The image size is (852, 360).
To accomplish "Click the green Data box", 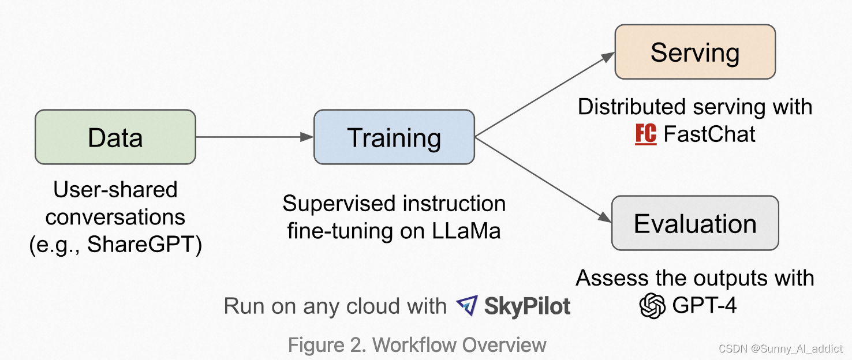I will (115, 137).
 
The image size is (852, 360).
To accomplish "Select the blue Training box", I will (394, 137).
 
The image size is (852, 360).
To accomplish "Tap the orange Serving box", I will (694, 52).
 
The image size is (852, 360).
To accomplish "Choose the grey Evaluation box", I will (695, 223).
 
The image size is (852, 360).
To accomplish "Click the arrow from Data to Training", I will (254, 137).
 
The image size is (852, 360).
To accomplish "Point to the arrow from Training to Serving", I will (543, 95).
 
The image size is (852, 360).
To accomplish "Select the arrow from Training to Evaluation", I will (543, 179).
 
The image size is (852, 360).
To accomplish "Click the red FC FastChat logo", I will (645, 134).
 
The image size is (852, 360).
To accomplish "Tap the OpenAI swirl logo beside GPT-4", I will (653, 305).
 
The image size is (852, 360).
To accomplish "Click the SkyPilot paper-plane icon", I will (466, 306).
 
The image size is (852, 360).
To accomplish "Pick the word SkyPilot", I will (527, 306).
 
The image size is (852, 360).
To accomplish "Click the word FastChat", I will (709, 134).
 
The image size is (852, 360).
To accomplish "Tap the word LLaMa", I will (466, 231).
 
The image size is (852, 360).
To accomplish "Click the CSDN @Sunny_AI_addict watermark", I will (780, 349).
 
